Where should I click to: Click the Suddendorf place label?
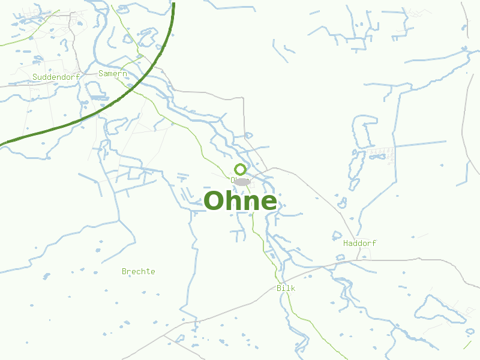56,77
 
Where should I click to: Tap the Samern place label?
113,73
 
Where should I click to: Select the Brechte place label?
138,271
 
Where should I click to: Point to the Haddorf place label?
359,243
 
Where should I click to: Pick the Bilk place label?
286,288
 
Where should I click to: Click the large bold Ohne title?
241,201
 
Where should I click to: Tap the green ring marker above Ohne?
240,169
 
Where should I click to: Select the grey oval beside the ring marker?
242,181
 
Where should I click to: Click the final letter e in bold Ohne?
269,203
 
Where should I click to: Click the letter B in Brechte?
124,271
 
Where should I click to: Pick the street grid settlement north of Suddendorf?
75,24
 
